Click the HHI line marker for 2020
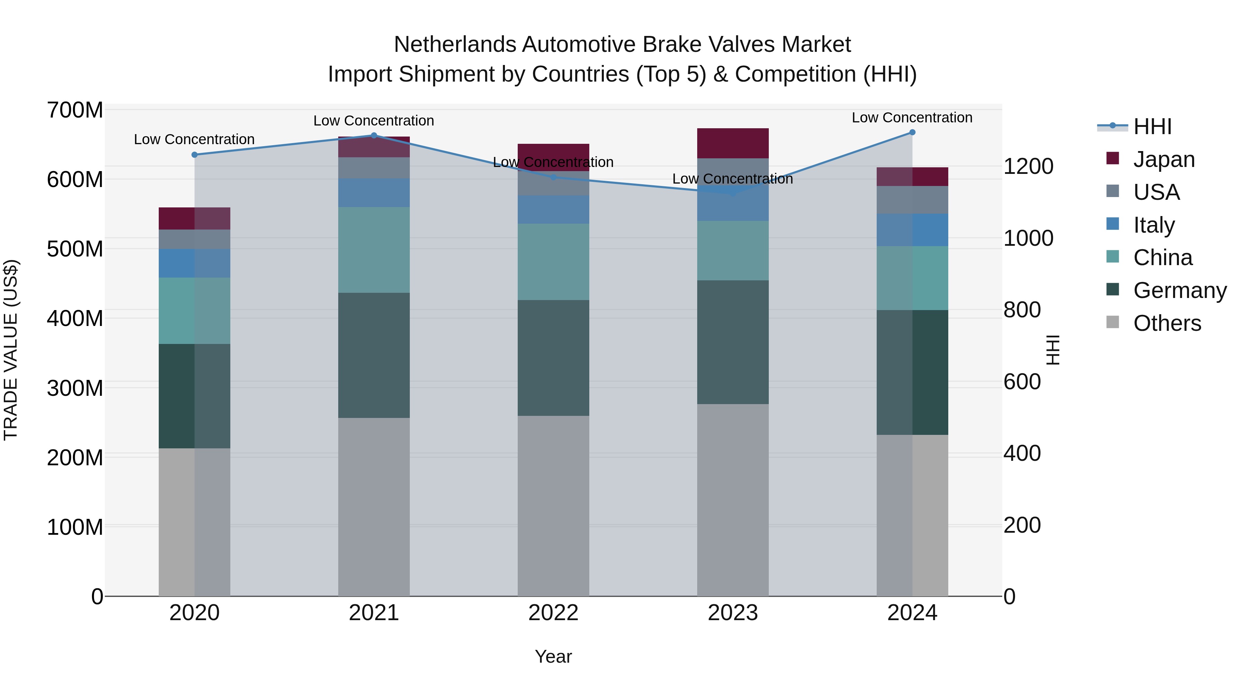click(x=194, y=155)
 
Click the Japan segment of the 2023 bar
click(x=733, y=143)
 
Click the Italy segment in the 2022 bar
click(x=553, y=209)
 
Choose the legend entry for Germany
click(x=1179, y=290)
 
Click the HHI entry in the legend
click(x=1152, y=127)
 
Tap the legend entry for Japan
click(x=1164, y=159)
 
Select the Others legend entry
click(x=1167, y=323)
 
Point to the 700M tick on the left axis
click(x=75, y=110)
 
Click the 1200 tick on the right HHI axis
click(x=1029, y=166)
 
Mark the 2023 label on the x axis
click(x=733, y=613)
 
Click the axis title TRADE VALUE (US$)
click(x=11, y=350)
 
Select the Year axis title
click(x=553, y=656)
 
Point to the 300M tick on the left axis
click(x=75, y=388)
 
